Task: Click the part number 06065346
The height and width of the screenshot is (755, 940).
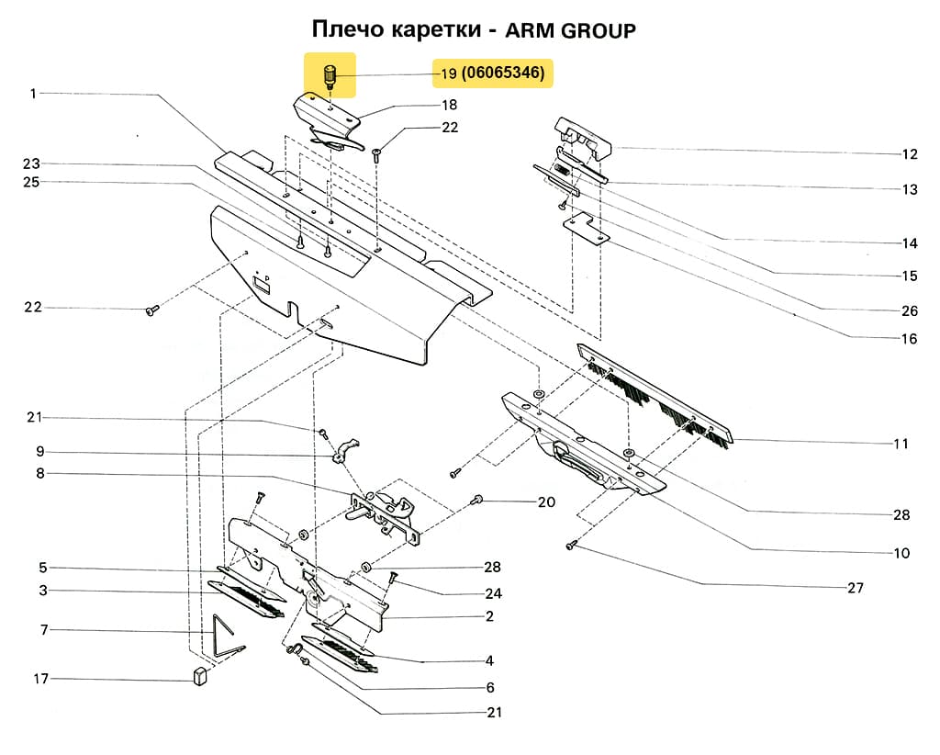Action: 504,73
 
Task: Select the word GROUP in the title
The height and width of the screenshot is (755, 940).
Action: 598,30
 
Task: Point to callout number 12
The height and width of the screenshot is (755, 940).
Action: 910,153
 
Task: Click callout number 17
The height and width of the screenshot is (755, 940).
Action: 40,679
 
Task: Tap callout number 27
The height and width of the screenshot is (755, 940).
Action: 855,588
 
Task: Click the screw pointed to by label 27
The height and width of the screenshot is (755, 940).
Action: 569,546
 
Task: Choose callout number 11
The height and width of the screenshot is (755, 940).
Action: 901,444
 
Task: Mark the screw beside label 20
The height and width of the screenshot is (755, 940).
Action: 477,499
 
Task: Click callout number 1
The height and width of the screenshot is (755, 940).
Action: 33,93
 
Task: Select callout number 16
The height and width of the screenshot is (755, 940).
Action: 909,338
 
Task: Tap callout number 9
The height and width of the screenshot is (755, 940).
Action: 40,452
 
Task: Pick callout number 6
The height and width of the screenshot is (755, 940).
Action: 490,687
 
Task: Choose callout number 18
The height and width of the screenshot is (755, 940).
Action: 450,106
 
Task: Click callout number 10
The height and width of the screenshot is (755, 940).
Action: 901,553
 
